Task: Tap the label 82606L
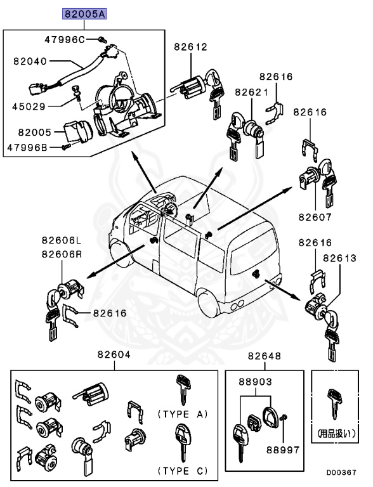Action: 62,240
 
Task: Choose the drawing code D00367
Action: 341,472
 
